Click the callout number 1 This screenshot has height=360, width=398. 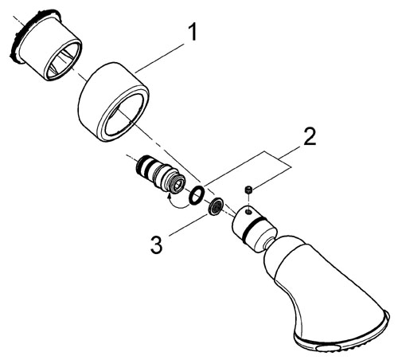193,32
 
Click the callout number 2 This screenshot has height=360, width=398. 310,136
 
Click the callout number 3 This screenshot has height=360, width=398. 157,245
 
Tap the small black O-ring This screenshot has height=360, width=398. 197,195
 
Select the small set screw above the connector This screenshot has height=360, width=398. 248,190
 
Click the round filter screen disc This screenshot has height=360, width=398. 216,205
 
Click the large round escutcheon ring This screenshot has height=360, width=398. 114,102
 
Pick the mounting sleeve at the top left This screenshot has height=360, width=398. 45,45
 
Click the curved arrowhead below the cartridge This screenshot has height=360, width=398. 168,197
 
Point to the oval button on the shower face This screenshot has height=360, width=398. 328,349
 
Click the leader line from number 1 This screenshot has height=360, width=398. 159,58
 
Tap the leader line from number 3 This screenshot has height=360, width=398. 189,225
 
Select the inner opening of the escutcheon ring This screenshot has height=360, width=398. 125,114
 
